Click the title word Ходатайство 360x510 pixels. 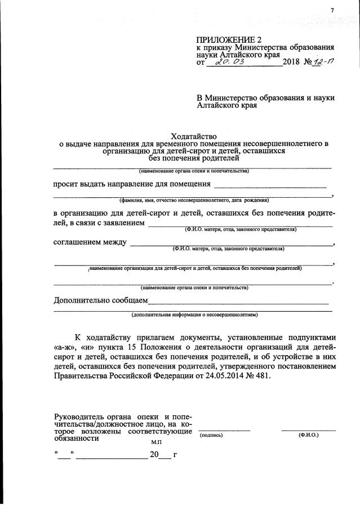(x=193, y=136)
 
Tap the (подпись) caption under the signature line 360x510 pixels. (x=211, y=436)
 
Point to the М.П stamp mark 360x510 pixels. (x=148, y=442)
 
